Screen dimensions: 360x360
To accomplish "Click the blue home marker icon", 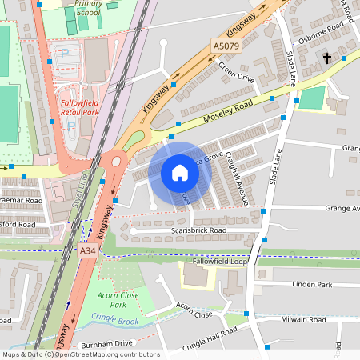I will (180, 173).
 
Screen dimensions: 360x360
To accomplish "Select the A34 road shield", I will (88, 251).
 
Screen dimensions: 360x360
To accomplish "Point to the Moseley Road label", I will (228, 110).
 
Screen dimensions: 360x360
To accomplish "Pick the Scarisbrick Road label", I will (199, 230).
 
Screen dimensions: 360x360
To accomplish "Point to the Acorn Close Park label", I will (106, 300).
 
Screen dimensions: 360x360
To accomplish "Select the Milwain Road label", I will (304, 319).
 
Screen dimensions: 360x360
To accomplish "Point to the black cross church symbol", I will (326, 58).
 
